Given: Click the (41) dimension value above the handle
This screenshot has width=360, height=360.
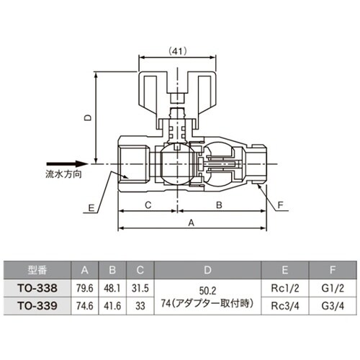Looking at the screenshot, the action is pos(178,51).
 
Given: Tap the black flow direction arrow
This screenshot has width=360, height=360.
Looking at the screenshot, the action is pos(68,164).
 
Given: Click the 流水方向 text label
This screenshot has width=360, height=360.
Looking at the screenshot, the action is pos(63,174).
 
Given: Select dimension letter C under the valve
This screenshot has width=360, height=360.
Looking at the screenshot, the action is pos(148,205).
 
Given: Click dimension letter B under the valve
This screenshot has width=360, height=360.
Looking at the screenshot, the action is pos(219,205).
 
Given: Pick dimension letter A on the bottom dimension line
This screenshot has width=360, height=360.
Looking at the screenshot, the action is pos(191,223).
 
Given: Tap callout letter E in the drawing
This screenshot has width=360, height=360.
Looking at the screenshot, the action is pos(91,208).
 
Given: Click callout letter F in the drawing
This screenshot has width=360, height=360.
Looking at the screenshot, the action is pos(280,205).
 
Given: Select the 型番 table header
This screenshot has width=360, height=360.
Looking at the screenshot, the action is pos(37,270).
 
